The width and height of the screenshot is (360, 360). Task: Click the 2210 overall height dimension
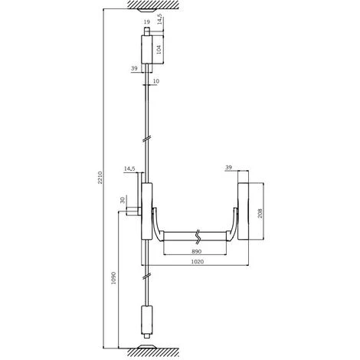click(100, 178)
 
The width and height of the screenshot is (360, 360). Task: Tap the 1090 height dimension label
click(114, 278)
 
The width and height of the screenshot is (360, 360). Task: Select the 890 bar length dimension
click(197, 251)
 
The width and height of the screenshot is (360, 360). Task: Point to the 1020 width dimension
click(198, 262)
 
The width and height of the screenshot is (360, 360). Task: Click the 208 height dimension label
click(260, 214)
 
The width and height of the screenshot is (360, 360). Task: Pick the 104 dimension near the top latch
click(159, 49)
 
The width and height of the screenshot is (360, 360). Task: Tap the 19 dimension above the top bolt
click(147, 22)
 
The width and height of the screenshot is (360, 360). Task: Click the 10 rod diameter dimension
click(156, 81)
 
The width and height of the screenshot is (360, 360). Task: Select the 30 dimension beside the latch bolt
click(123, 200)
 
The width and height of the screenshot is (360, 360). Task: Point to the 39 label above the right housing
click(228, 168)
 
